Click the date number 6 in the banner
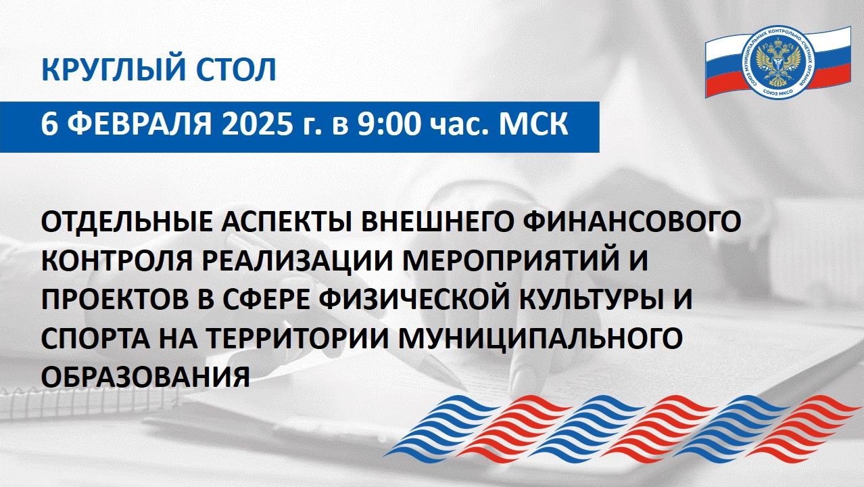tap(48, 126)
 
